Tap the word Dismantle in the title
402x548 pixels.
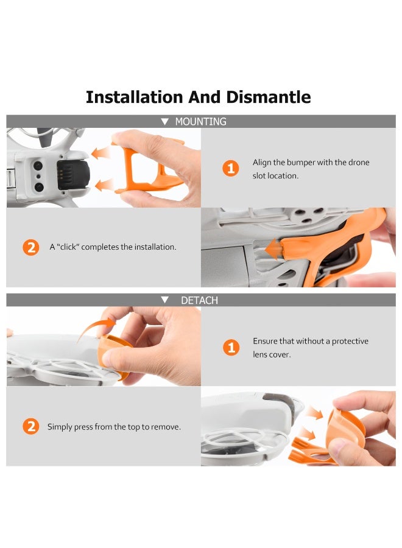269,97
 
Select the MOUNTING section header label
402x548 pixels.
200,122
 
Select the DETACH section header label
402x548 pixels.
199,300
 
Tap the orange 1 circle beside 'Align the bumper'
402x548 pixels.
230,169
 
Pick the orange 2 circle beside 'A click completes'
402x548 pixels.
30,247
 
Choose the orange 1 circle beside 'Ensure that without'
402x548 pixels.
230,348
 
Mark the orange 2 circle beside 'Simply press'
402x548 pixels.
30,427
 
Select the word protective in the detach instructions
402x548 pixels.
350,342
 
